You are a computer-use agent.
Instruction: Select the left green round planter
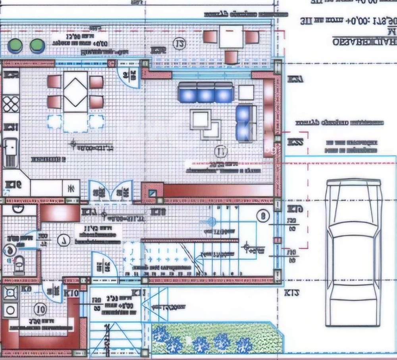15,45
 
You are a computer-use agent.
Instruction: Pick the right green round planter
37,46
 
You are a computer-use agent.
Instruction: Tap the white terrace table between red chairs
231,37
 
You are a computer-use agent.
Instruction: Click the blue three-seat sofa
205,93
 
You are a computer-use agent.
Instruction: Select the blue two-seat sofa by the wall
245,122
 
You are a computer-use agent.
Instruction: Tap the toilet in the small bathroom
19,264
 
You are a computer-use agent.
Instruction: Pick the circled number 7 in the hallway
63,240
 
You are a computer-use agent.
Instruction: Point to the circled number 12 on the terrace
180,43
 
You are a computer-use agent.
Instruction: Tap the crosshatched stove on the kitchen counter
11,104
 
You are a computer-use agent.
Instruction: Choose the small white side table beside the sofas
246,92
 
